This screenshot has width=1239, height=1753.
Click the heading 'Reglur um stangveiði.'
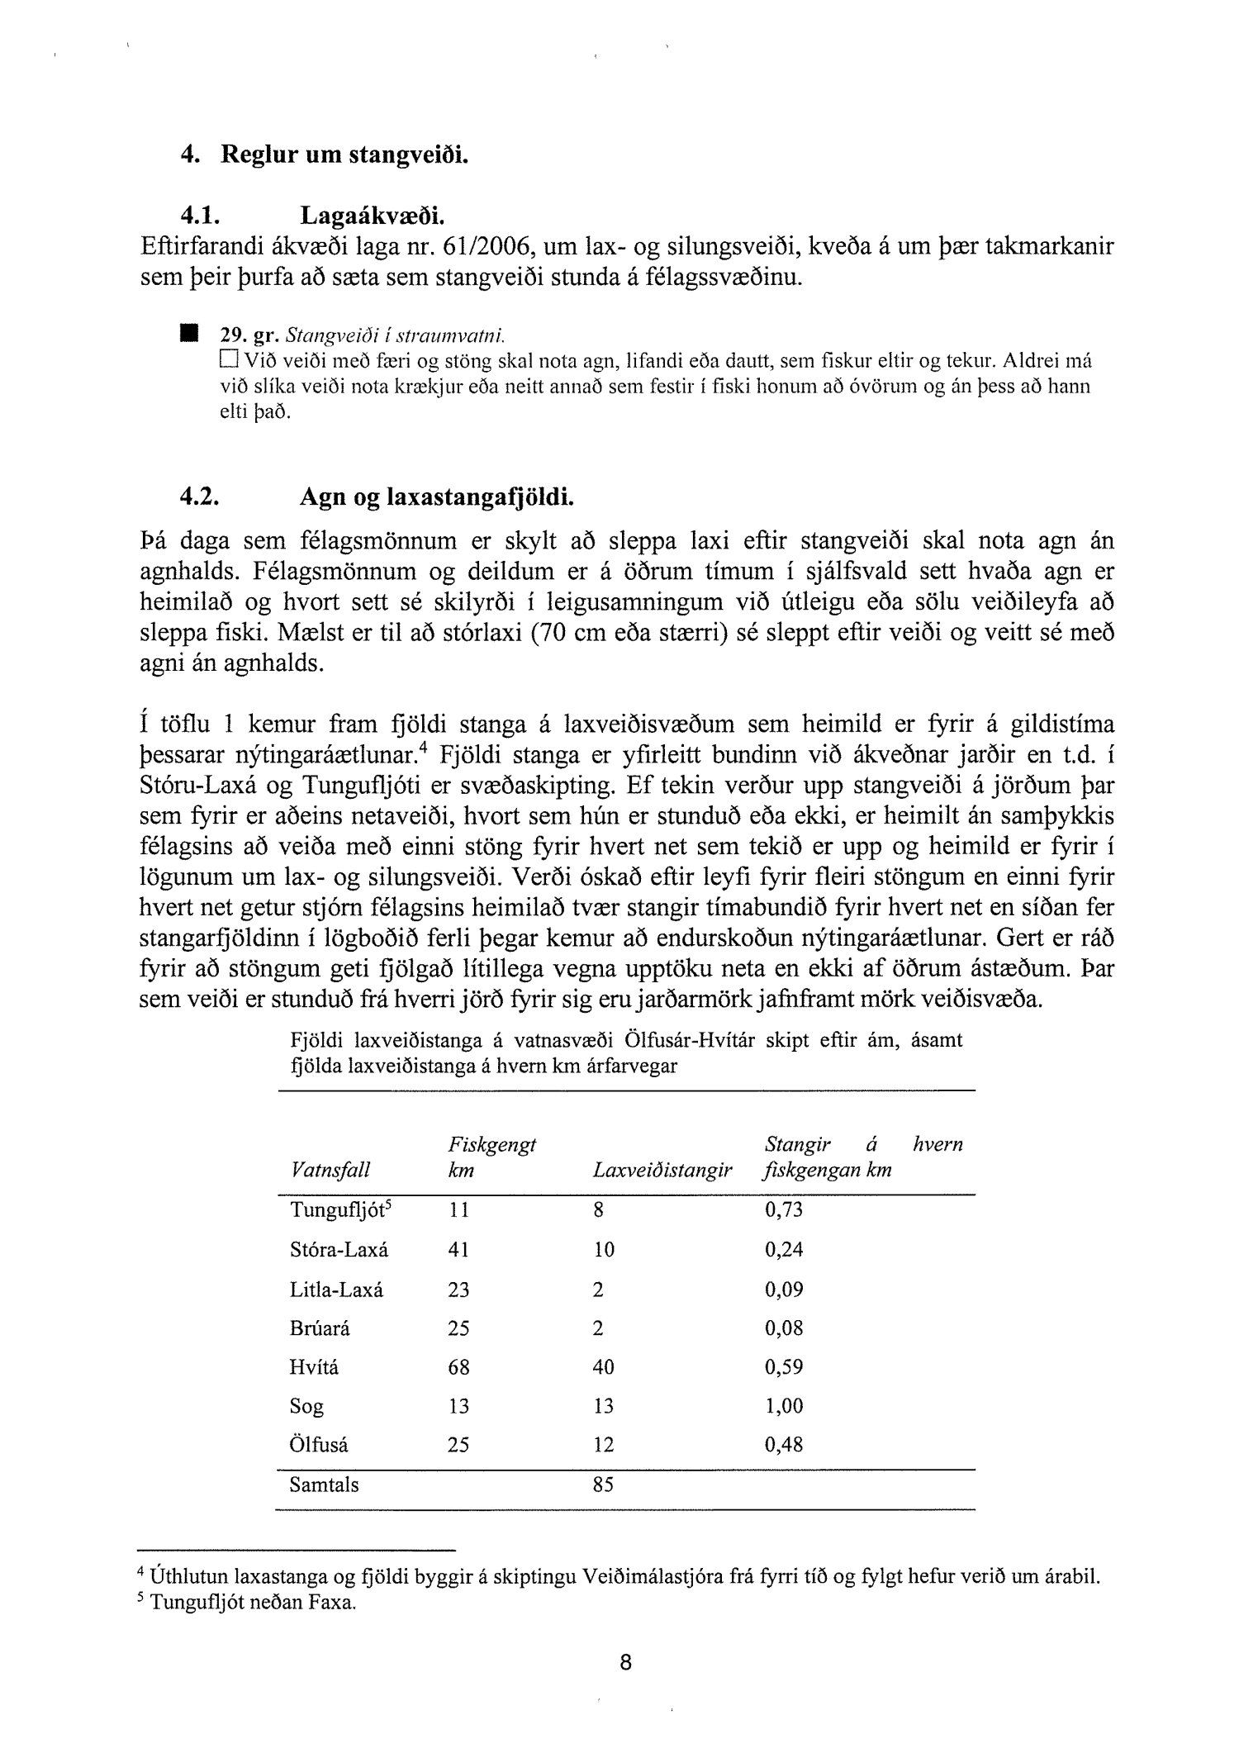coord(344,155)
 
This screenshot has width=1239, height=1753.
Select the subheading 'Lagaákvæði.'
coord(371,216)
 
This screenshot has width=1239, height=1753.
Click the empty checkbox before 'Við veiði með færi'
coord(227,360)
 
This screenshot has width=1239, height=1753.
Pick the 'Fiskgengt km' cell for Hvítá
coord(458,1367)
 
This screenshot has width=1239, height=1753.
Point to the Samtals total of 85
coord(603,1485)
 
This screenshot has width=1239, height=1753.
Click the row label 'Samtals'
coord(325,1485)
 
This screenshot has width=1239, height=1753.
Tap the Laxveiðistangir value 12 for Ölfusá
coord(604,1445)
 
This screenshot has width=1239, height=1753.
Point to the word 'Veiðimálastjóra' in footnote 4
coord(649,1576)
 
